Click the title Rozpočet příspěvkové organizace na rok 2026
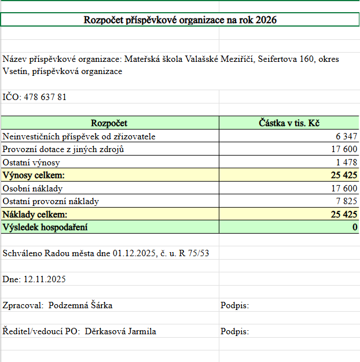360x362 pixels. coord(180,20)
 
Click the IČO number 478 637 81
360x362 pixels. coord(45,97)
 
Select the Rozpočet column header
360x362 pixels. coord(109,123)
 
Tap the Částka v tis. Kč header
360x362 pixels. coord(289,123)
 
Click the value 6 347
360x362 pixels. coord(347,136)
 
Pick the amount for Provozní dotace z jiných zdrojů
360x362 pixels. coord(344,149)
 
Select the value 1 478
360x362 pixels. coord(347,162)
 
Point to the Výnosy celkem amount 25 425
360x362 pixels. coord(344,175)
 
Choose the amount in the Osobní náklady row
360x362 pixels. coord(344,189)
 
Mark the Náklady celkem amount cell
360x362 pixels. coord(344,215)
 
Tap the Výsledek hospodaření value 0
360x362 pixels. coord(355,227)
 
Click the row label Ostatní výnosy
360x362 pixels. coord(31,162)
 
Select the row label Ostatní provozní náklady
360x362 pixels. coord(51,201)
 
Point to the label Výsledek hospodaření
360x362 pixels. coord(45,227)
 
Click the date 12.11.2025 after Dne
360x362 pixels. coord(45,279)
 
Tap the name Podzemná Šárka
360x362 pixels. coord(85,305)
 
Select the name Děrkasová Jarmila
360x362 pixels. coord(120,331)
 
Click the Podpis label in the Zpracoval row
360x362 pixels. coord(234,305)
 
